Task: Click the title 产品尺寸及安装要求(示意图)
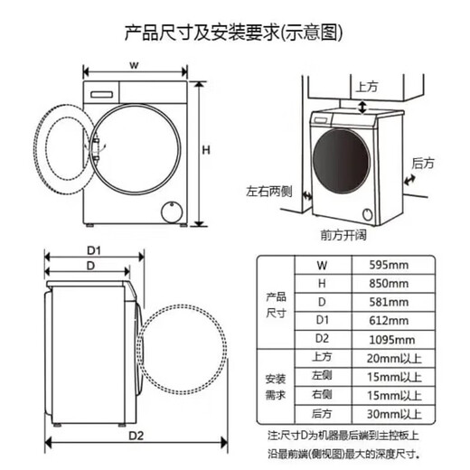click(x=234, y=33)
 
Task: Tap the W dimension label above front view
click(x=133, y=65)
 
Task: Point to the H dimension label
click(x=205, y=149)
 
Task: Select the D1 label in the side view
click(x=92, y=249)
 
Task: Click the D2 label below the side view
click(x=136, y=435)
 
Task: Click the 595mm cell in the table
click(x=390, y=265)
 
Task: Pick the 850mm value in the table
click(x=390, y=283)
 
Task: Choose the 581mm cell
click(x=390, y=302)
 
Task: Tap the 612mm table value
click(x=390, y=320)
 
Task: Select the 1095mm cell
click(x=392, y=339)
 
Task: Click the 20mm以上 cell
click(x=395, y=358)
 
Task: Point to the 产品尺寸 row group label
click(x=276, y=303)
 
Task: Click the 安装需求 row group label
click(x=276, y=386)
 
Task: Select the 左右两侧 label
click(x=268, y=193)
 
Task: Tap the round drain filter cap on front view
click(x=169, y=211)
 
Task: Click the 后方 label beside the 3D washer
click(x=422, y=164)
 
